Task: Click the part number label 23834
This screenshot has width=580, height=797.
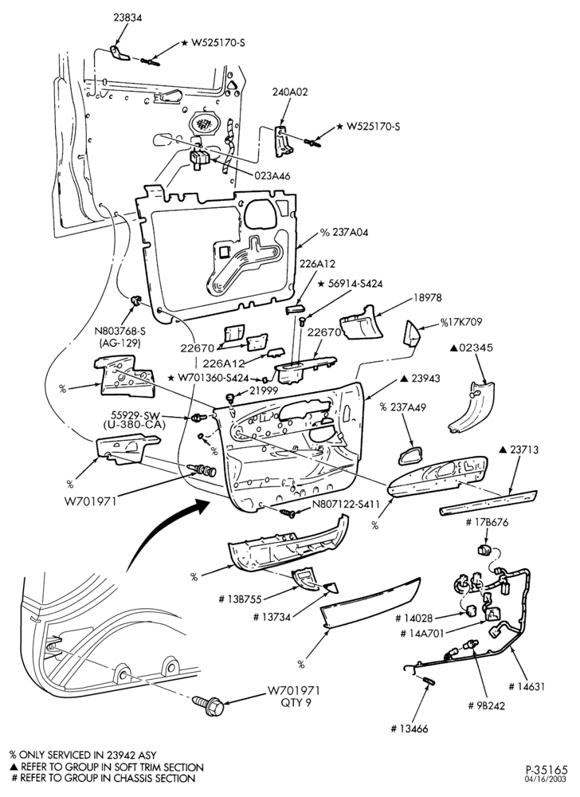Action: (127, 18)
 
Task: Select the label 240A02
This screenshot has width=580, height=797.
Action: (289, 92)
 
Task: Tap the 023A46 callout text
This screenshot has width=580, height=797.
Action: (272, 176)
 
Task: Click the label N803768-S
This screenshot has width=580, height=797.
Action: (120, 332)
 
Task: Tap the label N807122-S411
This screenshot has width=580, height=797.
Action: (346, 505)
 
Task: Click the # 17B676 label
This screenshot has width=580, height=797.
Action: (487, 523)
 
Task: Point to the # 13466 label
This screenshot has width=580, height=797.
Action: (410, 729)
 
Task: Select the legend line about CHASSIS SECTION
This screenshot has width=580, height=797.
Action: (103, 778)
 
